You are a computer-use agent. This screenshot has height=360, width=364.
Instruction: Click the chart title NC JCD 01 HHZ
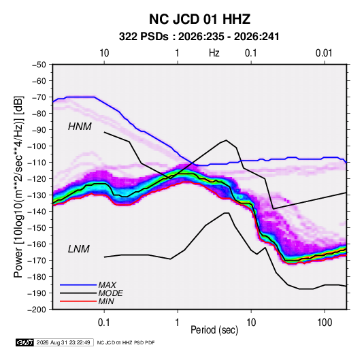pyautogui.click(x=199, y=19)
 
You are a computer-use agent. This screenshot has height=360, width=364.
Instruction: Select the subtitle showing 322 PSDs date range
pyautogui.click(x=199, y=37)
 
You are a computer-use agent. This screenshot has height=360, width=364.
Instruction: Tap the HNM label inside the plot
pyautogui.click(x=80, y=127)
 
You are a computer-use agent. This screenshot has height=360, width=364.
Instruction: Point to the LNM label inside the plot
pyautogui.click(x=79, y=249)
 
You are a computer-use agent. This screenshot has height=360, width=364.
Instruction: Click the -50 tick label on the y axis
pyautogui.click(x=39, y=65)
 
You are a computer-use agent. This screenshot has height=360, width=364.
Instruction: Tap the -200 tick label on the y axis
pyautogui.click(x=37, y=310)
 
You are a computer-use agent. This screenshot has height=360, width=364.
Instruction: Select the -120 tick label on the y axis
pyautogui.click(x=37, y=179)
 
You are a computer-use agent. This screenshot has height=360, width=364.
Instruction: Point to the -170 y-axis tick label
pyautogui.click(x=37, y=261)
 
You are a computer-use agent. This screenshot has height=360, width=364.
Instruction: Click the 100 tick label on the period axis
pyautogui.click(x=325, y=323)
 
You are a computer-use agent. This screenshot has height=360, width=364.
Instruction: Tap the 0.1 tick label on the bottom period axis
pyautogui.click(x=104, y=323)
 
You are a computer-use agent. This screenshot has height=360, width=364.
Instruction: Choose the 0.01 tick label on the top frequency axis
pyautogui.click(x=324, y=53)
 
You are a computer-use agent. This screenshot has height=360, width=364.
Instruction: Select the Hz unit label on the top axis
pyautogui.click(x=214, y=53)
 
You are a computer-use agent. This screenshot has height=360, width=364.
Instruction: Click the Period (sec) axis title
pyautogui.click(x=214, y=330)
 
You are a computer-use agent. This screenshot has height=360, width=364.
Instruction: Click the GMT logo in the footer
pyautogui.click(x=24, y=342)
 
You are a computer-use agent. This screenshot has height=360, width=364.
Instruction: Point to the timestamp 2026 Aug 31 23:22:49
pyautogui.click(x=63, y=342)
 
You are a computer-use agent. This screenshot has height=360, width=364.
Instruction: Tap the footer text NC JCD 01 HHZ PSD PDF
pyautogui.click(x=126, y=342)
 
